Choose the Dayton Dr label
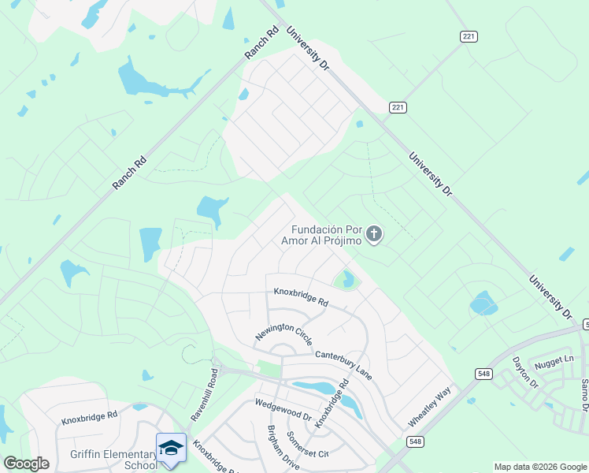click(524, 373)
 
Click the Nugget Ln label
click(554, 361)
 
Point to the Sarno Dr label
click(585, 393)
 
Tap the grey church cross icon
click(374, 233)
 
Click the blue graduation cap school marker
click(171, 447)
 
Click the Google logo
click(26, 464)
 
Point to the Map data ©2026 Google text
click(539, 467)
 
